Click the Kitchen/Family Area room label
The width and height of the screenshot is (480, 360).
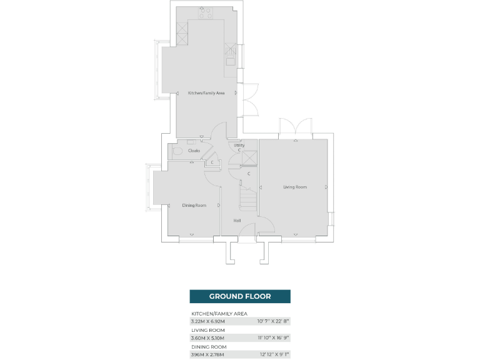click(206, 93)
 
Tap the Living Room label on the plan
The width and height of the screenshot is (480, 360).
click(295, 187)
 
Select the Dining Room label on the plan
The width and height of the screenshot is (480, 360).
click(194, 206)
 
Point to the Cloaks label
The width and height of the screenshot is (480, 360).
click(194, 151)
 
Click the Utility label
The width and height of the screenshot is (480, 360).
click(239, 146)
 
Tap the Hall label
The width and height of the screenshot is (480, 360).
click(237, 221)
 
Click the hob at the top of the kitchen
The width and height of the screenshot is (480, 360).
click(206, 14)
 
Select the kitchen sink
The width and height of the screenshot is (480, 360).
click(231, 55)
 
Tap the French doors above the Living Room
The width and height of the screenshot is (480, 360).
click(296, 127)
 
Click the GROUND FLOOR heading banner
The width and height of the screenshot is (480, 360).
click(240, 296)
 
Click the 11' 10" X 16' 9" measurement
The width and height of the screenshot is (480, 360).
click(273, 337)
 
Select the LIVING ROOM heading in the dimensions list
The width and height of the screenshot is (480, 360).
click(208, 330)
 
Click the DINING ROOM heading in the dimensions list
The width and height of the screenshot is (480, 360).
click(209, 346)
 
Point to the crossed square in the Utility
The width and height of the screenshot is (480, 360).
click(251, 158)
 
